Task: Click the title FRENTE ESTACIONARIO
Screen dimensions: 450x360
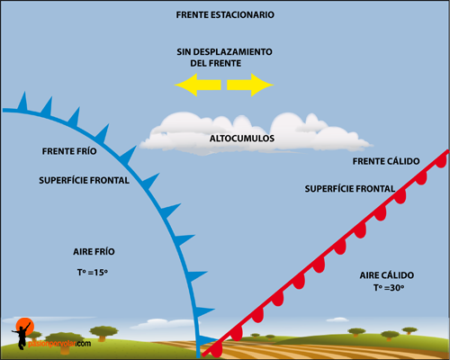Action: pyautogui.click(x=225, y=14)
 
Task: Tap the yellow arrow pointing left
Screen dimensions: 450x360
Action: pyautogui.click(x=198, y=85)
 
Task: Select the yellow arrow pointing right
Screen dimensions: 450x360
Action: pyautogui.click(x=250, y=85)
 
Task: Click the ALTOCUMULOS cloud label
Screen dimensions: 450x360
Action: pyautogui.click(x=242, y=139)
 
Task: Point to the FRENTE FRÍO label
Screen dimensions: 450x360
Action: pyautogui.click(x=69, y=151)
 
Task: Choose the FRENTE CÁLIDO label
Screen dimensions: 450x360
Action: pyautogui.click(x=386, y=161)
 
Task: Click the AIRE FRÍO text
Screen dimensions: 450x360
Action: pyautogui.click(x=94, y=251)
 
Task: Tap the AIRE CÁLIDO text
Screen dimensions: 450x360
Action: pyautogui.click(x=387, y=274)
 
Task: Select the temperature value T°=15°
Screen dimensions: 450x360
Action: pyautogui.click(x=93, y=273)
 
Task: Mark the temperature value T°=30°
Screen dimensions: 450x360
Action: pyautogui.click(x=389, y=288)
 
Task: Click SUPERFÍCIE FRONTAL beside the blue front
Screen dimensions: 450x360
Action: pyautogui.click(x=84, y=180)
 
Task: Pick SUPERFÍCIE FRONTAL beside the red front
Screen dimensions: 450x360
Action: pyautogui.click(x=350, y=189)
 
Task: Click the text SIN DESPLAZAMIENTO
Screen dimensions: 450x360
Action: pyautogui.click(x=224, y=52)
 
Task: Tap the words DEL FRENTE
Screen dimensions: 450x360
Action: pyautogui.click(x=216, y=63)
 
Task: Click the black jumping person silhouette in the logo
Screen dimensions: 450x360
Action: pyautogui.click(x=22, y=336)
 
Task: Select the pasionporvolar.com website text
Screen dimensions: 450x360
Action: pyautogui.click(x=59, y=344)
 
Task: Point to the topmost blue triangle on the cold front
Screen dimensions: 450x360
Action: pyautogui.click(x=22, y=102)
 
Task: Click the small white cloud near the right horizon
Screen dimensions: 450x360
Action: pyautogui.click(x=337, y=319)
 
